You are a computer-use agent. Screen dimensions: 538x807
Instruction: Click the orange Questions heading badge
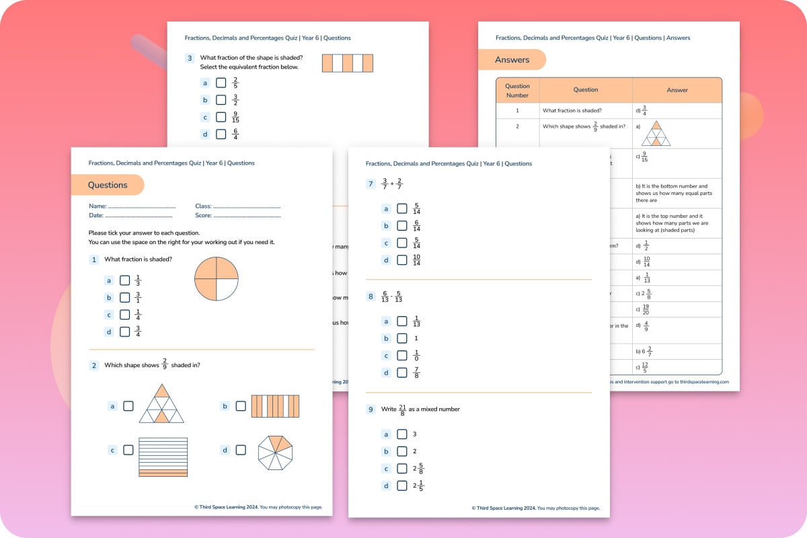[x=108, y=185]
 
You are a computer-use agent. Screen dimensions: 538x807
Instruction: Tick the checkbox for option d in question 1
[x=125, y=332]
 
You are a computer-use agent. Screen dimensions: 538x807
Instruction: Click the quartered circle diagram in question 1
[x=217, y=278]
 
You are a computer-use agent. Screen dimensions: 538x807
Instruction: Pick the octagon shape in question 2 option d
[x=276, y=453]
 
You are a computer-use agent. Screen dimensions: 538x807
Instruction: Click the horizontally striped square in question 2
[x=163, y=457]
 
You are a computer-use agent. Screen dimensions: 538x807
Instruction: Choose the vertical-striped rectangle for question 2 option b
[x=275, y=406]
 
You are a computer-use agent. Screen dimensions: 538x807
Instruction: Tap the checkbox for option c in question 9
[x=402, y=469]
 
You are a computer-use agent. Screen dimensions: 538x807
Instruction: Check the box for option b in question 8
[x=402, y=338]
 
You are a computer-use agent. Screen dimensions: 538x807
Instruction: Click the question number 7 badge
[x=371, y=184]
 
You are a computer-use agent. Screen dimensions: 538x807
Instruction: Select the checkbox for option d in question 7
[x=402, y=260]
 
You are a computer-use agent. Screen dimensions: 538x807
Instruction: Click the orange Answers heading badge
[x=512, y=60]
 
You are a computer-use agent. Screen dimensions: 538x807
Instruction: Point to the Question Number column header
[x=517, y=90]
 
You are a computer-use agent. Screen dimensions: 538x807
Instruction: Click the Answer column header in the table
[x=677, y=90]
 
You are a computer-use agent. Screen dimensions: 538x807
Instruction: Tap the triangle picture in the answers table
[x=656, y=134]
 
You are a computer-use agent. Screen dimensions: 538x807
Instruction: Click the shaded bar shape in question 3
[x=347, y=63]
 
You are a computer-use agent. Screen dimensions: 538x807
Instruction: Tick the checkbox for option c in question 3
[x=221, y=117]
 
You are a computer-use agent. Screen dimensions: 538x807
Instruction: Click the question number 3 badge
[x=190, y=59]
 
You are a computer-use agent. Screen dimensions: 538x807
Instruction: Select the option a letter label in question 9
[x=386, y=434]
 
